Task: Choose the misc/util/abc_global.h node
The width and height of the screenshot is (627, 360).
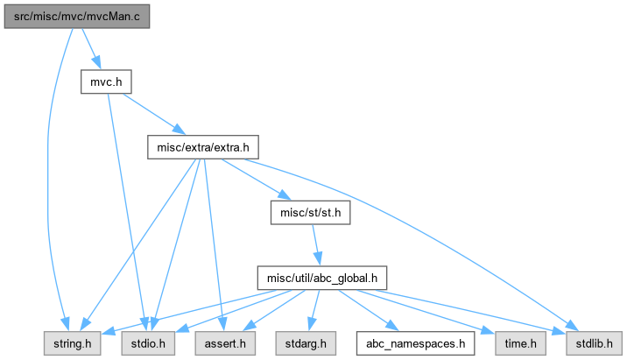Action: pos(321,279)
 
